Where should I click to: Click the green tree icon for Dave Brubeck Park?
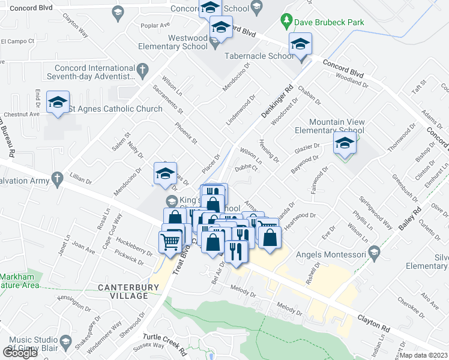coord(287,22)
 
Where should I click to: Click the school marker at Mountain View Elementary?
coord(345,145)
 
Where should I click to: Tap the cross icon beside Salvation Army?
coord(57,178)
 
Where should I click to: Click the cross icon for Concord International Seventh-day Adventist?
coord(142,71)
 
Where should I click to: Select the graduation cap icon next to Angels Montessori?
coord(375,251)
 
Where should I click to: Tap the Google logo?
coord(20,353)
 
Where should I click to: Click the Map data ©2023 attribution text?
coord(424,355)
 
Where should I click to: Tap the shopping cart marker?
coord(171,242)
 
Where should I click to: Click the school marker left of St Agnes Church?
coord(58,103)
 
